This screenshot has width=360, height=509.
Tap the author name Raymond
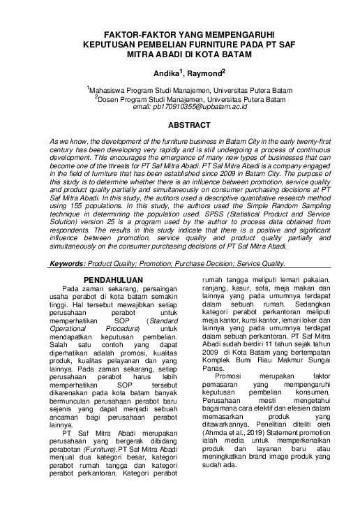point(204,72)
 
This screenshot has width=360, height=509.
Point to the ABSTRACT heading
point(180,125)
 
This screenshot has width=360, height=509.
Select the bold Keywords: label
point(69,264)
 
